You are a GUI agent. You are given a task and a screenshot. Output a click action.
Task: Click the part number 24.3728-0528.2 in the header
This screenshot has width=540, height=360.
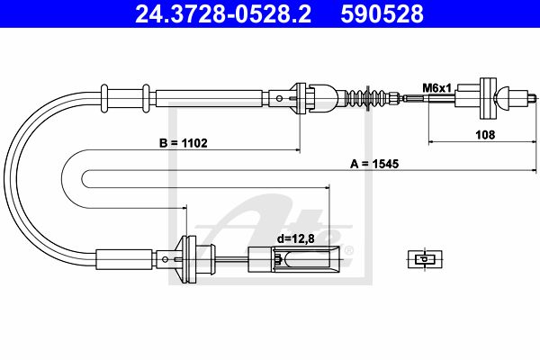click(x=223, y=14)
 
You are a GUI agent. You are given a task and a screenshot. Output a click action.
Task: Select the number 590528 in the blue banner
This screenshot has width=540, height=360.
click(x=382, y=14)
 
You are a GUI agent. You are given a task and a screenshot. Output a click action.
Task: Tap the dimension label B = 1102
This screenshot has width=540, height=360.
click(x=184, y=142)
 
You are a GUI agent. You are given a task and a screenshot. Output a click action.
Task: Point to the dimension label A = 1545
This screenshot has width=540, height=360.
click(x=374, y=164)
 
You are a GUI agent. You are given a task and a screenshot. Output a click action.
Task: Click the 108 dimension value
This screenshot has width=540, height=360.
click(x=485, y=134)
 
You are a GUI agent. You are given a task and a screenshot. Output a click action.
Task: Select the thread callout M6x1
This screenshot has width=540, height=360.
click(x=436, y=88)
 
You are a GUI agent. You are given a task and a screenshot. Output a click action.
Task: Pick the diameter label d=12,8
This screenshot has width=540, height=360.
click(x=296, y=238)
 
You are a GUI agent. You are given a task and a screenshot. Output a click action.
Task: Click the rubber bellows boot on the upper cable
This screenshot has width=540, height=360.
click(x=366, y=98)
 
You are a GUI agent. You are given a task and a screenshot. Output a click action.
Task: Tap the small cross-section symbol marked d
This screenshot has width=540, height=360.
click(x=425, y=259)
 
